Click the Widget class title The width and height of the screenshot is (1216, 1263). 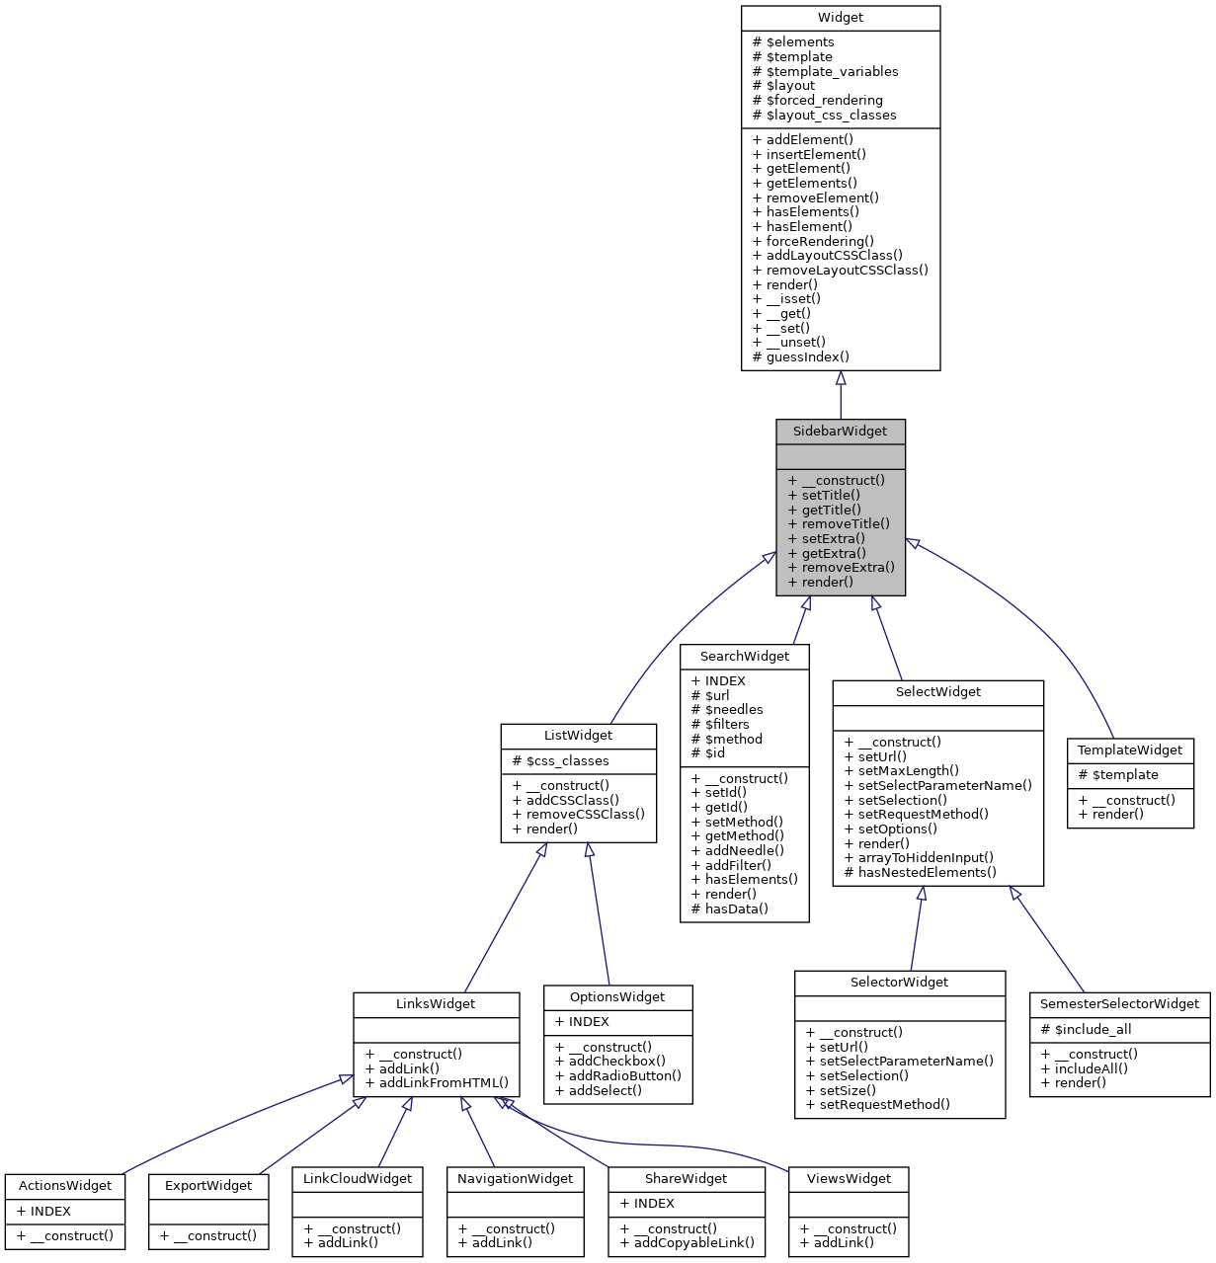(841, 18)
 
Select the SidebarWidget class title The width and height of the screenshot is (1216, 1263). (841, 432)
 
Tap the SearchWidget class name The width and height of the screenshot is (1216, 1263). (745, 657)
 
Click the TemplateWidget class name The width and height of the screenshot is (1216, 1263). (1130, 750)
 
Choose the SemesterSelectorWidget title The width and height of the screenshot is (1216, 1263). (1119, 1004)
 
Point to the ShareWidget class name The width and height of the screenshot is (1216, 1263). (686, 1179)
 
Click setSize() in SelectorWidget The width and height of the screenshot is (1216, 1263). (847, 1091)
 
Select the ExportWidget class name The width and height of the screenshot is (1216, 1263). (208, 1186)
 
